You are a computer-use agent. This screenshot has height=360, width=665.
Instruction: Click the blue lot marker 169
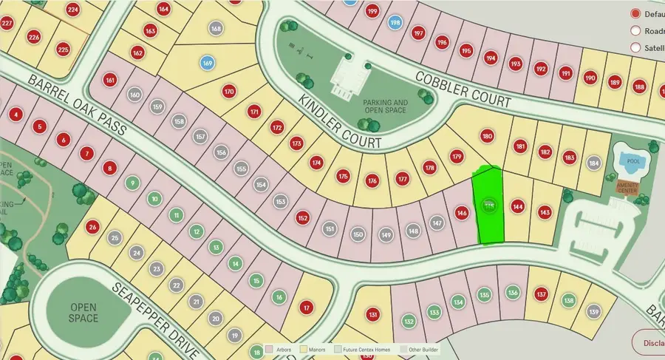(208, 64)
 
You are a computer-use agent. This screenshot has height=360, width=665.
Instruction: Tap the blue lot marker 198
(395, 23)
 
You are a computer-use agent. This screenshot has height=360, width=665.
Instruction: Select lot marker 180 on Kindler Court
(487, 136)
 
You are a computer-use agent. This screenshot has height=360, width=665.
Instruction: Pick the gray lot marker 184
(593, 162)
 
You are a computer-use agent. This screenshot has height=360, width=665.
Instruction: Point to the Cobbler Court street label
(463, 89)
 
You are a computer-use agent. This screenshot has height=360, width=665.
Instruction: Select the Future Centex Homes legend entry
(364, 347)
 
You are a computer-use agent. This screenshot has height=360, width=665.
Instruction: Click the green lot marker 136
(512, 293)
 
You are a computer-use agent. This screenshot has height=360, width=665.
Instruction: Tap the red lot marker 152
(302, 218)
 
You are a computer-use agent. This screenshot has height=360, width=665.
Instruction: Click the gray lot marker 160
(134, 95)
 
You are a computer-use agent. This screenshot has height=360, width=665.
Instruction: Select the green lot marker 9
(133, 183)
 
